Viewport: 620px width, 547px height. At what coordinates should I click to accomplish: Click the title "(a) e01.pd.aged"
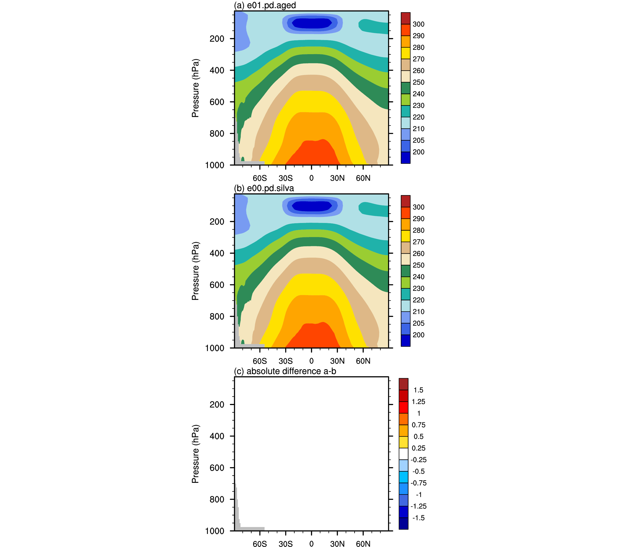[x=265, y=5]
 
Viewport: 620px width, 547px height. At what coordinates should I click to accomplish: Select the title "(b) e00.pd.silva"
[x=264, y=188]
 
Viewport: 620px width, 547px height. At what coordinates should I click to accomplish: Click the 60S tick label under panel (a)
[x=260, y=178]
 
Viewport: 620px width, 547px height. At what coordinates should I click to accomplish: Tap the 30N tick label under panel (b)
[x=337, y=361]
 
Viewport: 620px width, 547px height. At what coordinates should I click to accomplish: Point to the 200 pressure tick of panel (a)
[x=217, y=39]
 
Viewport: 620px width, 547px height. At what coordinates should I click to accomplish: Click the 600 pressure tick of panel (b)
[x=217, y=285]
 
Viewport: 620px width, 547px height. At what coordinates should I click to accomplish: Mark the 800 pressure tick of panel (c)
[x=217, y=499]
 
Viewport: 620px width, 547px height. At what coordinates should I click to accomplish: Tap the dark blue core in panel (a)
[x=311, y=23]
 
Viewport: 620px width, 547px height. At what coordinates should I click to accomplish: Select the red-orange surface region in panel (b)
[x=312, y=336]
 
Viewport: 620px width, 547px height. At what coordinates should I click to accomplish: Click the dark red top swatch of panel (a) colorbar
[x=406, y=18]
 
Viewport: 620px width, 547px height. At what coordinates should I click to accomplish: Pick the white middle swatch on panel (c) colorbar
[x=403, y=454]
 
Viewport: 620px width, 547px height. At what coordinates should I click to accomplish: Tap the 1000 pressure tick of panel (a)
[x=215, y=165]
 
